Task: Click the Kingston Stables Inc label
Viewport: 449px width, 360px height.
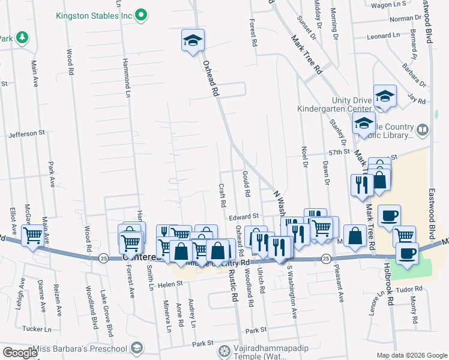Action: [x=93, y=14]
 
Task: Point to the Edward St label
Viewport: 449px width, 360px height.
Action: [x=244, y=215]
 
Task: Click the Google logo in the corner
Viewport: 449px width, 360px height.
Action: [x=19, y=353]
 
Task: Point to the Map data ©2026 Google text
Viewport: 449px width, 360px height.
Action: [x=411, y=356]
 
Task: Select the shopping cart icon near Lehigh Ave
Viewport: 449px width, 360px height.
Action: [x=32, y=235]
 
